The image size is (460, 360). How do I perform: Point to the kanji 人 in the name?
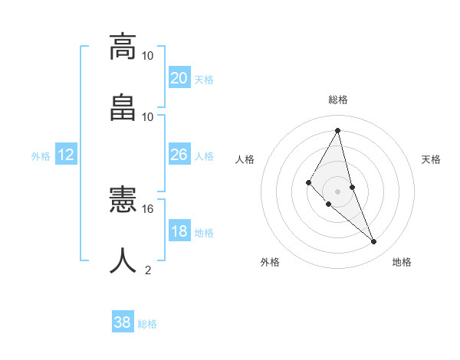[x=123, y=260]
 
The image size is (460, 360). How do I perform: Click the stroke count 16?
[x=148, y=208]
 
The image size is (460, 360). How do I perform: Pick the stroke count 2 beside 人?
[x=148, y=270]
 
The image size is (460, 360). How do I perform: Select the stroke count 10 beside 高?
[x=148, y=56]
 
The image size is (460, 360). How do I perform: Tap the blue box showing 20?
[x=179, y=78]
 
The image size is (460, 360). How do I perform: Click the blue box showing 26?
[x=179, y=155]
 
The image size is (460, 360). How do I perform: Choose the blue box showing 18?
[x=179, y=231]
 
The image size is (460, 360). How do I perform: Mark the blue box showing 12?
[x=66, y=155]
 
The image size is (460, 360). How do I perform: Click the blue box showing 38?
[x=122, y=322]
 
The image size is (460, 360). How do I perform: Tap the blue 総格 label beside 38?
[x=147, y=324]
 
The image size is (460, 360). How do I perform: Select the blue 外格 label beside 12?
[x=41, y=156]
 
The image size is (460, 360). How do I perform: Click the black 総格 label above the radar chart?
[x=337, y=100]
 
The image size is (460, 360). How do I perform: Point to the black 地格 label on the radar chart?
[x=402, y=262]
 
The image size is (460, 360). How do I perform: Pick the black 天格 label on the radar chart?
[x=432, y=159]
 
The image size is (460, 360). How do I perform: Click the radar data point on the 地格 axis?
[x=374, y=242]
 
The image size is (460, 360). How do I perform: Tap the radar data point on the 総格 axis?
[x=337, y=130]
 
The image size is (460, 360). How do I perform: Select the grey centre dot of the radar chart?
[x=337, y=191]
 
